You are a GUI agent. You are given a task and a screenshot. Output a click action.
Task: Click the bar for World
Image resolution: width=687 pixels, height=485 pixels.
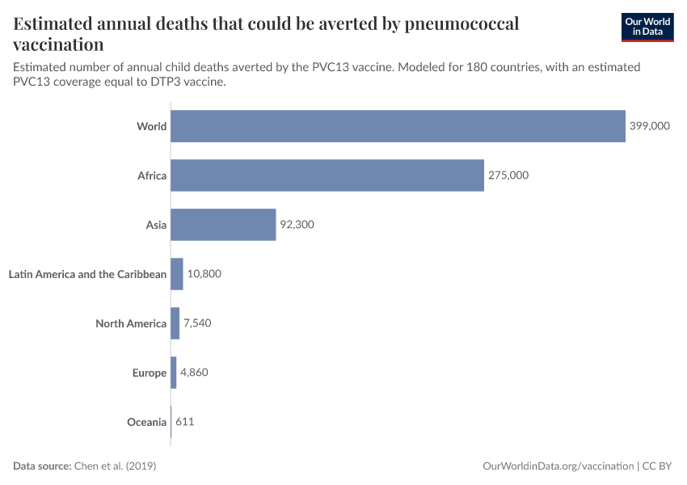pyautogui.click(x=398, y=126)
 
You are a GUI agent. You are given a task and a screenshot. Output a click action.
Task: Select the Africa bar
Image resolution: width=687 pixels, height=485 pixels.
pyautogui.click(x=327, y=175)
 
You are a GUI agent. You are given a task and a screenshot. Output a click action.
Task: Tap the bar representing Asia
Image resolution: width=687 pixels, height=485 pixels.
pyautogui.click(x=223, y=225)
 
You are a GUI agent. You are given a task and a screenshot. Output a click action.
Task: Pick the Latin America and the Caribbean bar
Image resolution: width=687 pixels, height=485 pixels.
pyautogui.click(x=177, y=274)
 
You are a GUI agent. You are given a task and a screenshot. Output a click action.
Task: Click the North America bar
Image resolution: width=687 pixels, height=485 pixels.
pyautogui.click(x=175, y=323)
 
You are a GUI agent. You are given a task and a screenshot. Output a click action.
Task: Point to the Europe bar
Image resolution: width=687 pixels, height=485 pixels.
pyautogui.click(x=174, y=373)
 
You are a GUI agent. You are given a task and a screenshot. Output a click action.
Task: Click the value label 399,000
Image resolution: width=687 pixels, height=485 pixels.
pyautogui.click(x=650, y=126)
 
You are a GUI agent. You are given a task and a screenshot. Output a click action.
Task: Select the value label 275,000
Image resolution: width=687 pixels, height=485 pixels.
pyautogui.click(x=508, y=175)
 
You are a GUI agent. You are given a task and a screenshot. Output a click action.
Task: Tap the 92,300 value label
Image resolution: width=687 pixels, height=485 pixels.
pyautogui.click(x=297, y=225)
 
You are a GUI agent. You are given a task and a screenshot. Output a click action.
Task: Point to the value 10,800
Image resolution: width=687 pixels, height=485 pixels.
pyautogui.click(x=204, y=274)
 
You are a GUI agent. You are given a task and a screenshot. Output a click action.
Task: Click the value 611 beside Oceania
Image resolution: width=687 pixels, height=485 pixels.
pyautogui.click(x=185, y=422)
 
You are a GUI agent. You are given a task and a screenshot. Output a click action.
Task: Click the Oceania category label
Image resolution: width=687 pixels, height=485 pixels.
pyautogui.click(x=146, y=422)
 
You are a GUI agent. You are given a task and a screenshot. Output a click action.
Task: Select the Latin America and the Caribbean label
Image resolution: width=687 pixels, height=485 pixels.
pyautogui.click(x=87, y=274)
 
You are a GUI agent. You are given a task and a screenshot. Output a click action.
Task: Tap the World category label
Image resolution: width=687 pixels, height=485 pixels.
pyautogui.click(x=152, y=126)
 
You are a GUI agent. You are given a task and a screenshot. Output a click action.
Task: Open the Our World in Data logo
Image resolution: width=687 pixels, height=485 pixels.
pyautogui.click(x=647, y=27)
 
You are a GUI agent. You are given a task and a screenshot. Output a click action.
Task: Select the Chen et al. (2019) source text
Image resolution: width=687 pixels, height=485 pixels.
pyautogui.click(x=115, y=466)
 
